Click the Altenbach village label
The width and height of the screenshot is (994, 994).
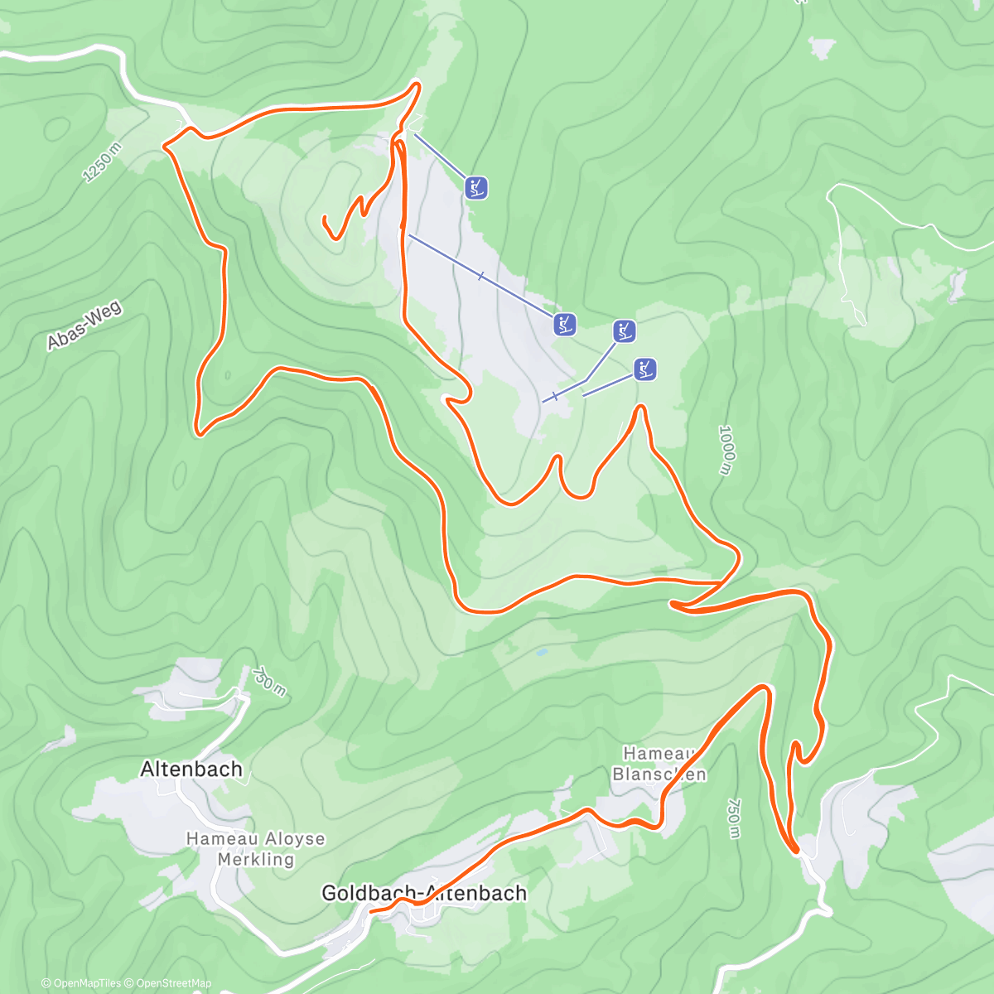point(191,769)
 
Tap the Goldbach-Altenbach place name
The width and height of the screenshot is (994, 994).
point(423,893)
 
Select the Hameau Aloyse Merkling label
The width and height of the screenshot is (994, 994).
point(255,848)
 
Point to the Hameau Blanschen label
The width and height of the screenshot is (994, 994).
point(659,764)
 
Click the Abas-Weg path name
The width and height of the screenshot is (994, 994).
point(84,325)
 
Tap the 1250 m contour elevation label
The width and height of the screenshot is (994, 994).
point(102,162)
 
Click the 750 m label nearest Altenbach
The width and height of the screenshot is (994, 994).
point(268,681)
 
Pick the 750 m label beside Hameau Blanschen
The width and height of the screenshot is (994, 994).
point(733,818)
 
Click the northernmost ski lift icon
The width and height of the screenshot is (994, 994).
point(475,188)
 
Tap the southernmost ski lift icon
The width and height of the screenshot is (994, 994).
point(645,369)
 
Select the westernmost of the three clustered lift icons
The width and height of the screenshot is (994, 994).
point(565,325)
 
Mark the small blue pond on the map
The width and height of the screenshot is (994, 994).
point(541,653)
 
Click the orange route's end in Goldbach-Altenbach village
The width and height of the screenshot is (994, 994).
point(370,911)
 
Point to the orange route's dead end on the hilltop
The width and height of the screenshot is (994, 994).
point(325,219)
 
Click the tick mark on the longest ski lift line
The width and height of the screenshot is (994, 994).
point(480,275)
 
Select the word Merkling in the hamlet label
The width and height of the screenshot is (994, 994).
point(255,859)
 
